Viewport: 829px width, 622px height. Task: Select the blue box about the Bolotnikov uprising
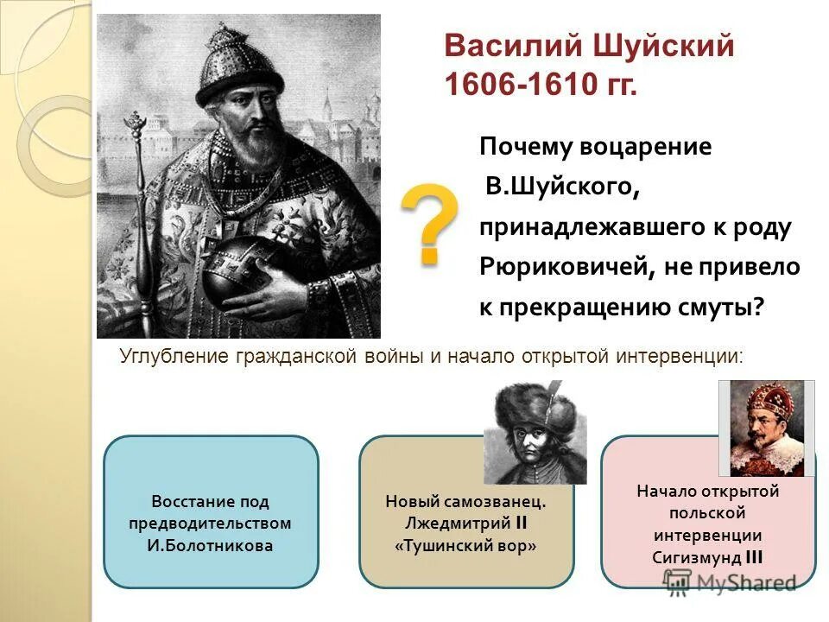pos(211,511)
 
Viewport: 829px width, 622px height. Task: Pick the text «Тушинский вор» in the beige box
pos(466,546)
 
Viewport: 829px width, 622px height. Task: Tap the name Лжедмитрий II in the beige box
pos(466,524)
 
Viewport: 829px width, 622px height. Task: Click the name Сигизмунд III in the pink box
pos(707,557)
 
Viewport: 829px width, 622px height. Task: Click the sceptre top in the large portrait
pos(135,130)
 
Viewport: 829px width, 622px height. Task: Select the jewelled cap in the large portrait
pos(237,65)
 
